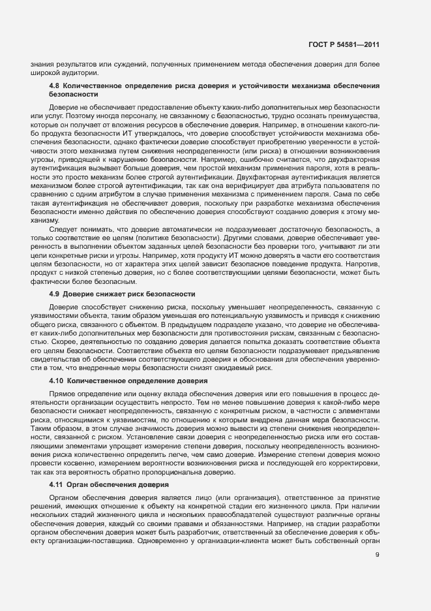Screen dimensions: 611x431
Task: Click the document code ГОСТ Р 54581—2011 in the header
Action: (344, 44)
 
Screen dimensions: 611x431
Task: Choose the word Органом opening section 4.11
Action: (64, 498)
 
